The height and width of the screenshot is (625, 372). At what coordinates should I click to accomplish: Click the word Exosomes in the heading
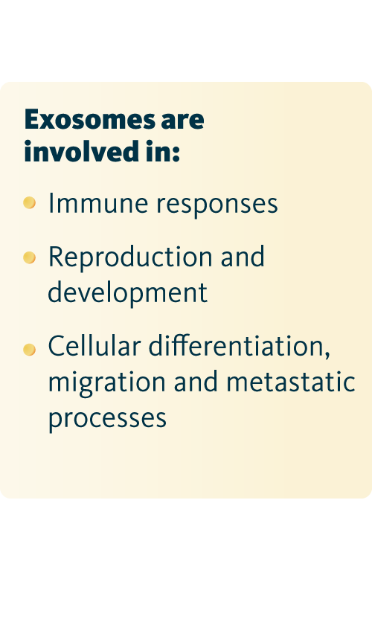[x=90, y=119]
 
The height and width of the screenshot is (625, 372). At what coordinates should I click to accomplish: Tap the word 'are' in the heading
[x=182, y=121]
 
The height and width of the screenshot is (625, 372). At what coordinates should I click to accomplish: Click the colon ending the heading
[x=176, y=154]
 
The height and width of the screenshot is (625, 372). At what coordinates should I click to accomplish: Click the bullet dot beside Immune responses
[x=30, y=203]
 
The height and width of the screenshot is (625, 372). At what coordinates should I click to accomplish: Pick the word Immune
[x=97, y=203]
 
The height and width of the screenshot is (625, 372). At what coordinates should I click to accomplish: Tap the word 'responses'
[x=217, y=205]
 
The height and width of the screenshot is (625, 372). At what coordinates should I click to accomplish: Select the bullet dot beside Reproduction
[x=30, y=257]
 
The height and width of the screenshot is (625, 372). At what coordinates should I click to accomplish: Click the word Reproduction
[x=130, y=258]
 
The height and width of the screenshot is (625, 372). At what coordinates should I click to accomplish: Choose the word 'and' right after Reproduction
[x=243, y=256]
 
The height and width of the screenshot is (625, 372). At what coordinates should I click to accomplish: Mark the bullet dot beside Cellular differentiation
[x=30, y=350]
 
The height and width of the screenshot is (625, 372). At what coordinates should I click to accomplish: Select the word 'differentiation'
[x=236, y=345]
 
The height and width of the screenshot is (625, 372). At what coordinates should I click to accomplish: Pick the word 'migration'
[x=106, y=383]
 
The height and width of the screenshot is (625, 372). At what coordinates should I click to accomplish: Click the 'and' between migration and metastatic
[x=196, y=382]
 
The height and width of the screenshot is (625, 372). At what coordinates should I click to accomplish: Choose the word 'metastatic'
[x=291, y=382]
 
